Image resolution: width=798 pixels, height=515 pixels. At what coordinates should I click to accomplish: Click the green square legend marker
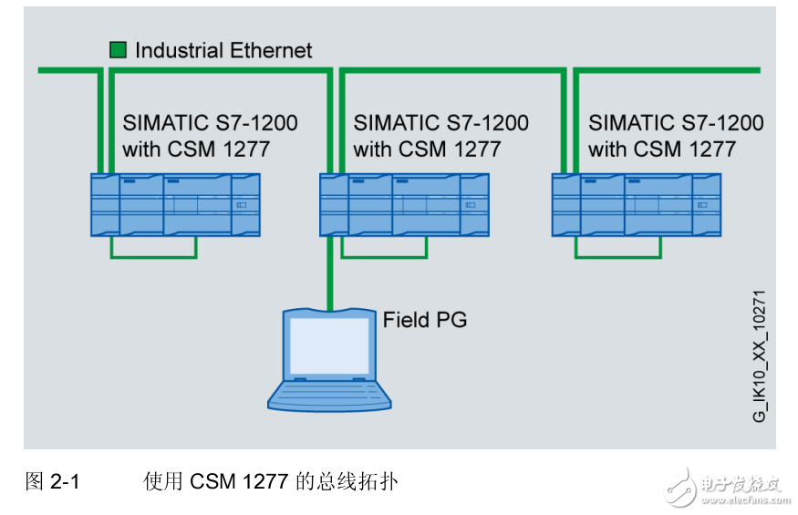[x=118, y=50]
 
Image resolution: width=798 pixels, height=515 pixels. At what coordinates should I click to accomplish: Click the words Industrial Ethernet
[x=223, y=50]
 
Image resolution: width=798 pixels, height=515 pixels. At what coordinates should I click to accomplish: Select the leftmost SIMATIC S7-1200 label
[x=210, y=123]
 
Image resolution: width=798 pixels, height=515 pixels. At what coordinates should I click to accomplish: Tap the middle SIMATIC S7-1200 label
[x=440, y=123]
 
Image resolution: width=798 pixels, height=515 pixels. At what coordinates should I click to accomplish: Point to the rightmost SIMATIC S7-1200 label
[x=676, y=123]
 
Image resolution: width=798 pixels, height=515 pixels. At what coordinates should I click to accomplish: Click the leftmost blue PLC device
[x=175, y=205]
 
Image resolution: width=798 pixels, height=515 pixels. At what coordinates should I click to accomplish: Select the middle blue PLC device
[x=404, y=205]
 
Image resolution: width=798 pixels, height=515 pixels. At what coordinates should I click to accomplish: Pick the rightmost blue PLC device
[x=637, y=205]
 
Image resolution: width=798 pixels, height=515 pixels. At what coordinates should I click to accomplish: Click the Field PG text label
[x=424, y=320]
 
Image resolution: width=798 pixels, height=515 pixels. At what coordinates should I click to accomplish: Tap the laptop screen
[x=328, y=345]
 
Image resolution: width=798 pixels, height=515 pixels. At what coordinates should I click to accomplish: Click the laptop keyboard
[x=328, y=394]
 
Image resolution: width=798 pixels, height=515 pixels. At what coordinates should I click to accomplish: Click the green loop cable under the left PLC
[x=153, y=257]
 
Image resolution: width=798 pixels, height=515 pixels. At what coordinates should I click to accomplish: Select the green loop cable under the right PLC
[x=617, y=257]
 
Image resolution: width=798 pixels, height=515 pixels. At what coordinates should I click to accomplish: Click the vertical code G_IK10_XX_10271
[x=759, y=355]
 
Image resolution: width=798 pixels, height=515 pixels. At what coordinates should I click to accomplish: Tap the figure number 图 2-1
[x=52, y=481]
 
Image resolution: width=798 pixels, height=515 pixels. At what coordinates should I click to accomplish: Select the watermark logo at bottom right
[x=724, y=486]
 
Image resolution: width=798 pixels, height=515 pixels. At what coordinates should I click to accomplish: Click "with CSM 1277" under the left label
[x=196, y=149]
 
